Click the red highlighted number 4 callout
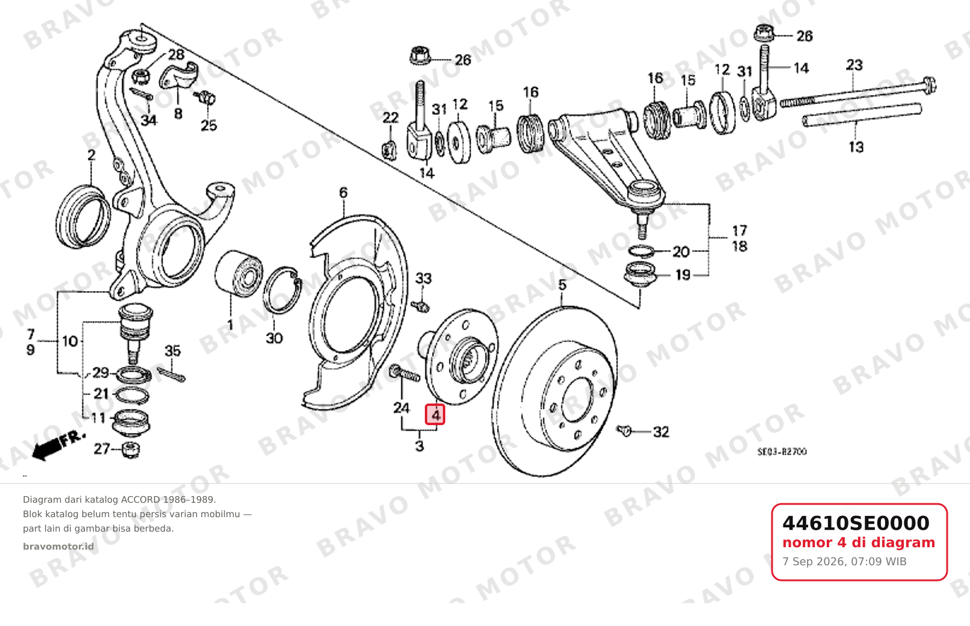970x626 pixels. (x=435, y=414)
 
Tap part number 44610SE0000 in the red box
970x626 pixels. (x=856, y=523)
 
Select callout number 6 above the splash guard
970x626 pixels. (x=343, y=192)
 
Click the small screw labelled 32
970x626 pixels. (x=625, y=430)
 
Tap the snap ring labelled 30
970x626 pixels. (x=282, y=290)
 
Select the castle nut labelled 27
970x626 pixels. (x=131, y=450)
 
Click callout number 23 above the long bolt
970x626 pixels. (x=854, y=65)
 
